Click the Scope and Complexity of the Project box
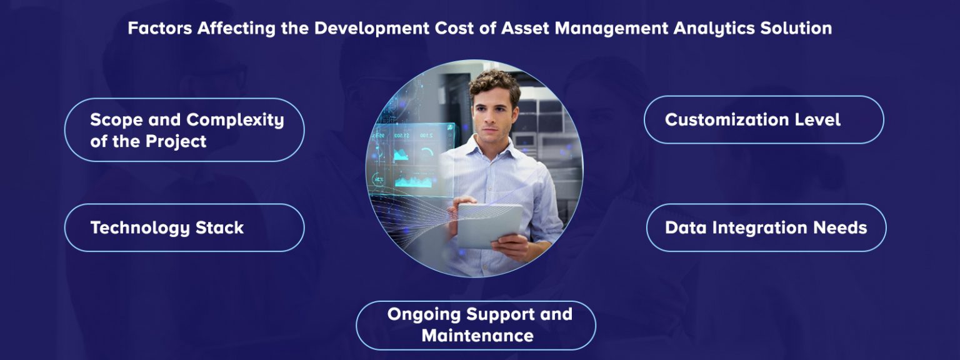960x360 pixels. pyautogui.click(x=184, y=130)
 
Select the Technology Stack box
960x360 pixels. pyautogui.click(x=184, y=227)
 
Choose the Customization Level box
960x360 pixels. pyautogui.click(x=764, y=119)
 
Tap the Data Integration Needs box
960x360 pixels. pyautogui.click(x=766, y=227)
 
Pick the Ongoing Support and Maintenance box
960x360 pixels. pyautogui.click(x=476, y=325)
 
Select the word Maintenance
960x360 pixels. pyautogui.click(x=477, y=336)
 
